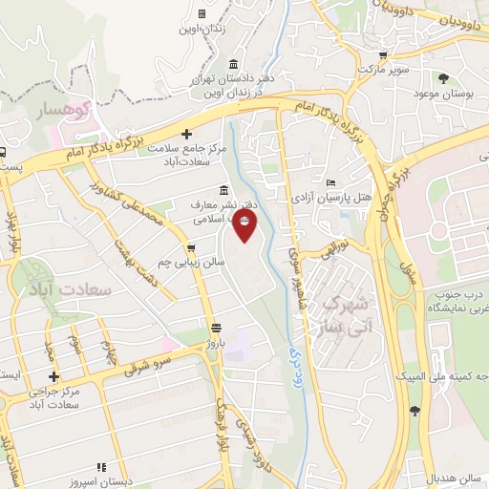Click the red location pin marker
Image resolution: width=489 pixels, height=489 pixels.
[245, 225]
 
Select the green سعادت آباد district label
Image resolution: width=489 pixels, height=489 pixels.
[72, 287]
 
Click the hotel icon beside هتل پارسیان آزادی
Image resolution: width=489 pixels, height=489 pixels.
[330, 183]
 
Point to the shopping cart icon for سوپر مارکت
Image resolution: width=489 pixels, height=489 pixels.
[382, 55]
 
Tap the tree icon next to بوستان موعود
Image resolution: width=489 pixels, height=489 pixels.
[442, 78]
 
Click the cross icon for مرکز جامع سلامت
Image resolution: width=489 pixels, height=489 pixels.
[186, 134]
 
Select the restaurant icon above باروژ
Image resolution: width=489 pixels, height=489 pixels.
[216, 325]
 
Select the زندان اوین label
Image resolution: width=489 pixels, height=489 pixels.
[202, 30]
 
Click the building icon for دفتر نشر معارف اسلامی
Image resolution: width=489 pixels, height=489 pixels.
[223, 188]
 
